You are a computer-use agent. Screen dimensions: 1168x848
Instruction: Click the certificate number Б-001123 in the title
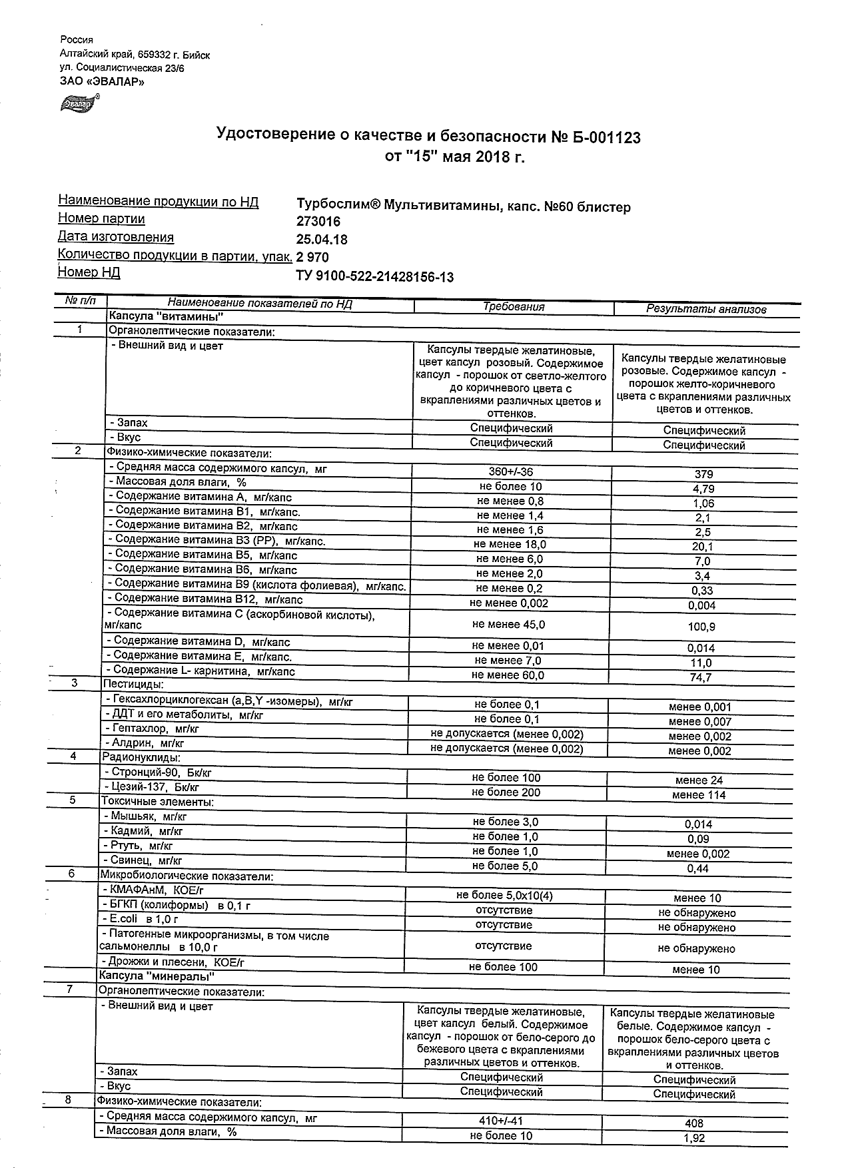(x=604, y=137)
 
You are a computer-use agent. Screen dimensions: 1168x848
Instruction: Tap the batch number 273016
(x=318, y=222)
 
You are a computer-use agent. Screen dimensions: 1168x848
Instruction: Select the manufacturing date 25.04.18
(x=321, y=240)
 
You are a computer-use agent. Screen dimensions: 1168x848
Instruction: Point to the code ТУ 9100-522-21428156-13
(x=374, y=276)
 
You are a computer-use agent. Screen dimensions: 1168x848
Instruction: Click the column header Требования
(x=514, y=307)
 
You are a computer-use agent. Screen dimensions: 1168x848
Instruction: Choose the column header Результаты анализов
(x=706, y=309)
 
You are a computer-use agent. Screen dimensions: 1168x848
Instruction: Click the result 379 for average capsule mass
(x=703, y=474)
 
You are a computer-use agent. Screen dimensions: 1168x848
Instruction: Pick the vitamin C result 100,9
(x=701, y=627)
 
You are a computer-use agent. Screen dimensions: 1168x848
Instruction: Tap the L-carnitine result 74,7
(x=700, y=677)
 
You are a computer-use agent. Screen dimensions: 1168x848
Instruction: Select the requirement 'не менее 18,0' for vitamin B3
(x=510, y=544)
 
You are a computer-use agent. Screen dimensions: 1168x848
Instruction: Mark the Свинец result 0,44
(x=698, y=868)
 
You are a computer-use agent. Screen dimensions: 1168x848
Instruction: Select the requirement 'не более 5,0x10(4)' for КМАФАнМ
(x=504, y=896)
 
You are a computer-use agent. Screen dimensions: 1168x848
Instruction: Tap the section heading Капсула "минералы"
(x=157, y=976)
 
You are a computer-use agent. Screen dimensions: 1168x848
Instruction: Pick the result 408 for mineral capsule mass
(x=694, y=1123)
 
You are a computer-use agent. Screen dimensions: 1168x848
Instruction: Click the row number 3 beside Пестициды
(x=75, y=683)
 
